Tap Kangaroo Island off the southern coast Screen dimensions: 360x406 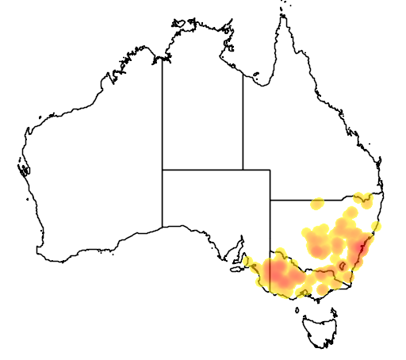click(x=236, y=268)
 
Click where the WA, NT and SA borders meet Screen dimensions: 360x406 click(x=163, y=169)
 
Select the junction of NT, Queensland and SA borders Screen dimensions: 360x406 click(x=243, y=169)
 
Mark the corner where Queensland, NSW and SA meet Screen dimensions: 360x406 click(x=270, y=200)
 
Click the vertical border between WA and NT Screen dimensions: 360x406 click(x=163, y=111)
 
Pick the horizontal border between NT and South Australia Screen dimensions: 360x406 click(x=202, y=169)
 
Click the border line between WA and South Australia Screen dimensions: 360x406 click(x=163, y=198)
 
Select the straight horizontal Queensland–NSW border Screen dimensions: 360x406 click(x=317, y=200)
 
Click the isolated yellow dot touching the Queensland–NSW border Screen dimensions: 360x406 click(x=318, y=204)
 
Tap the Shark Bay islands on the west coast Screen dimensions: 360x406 click(x=23, y=168)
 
